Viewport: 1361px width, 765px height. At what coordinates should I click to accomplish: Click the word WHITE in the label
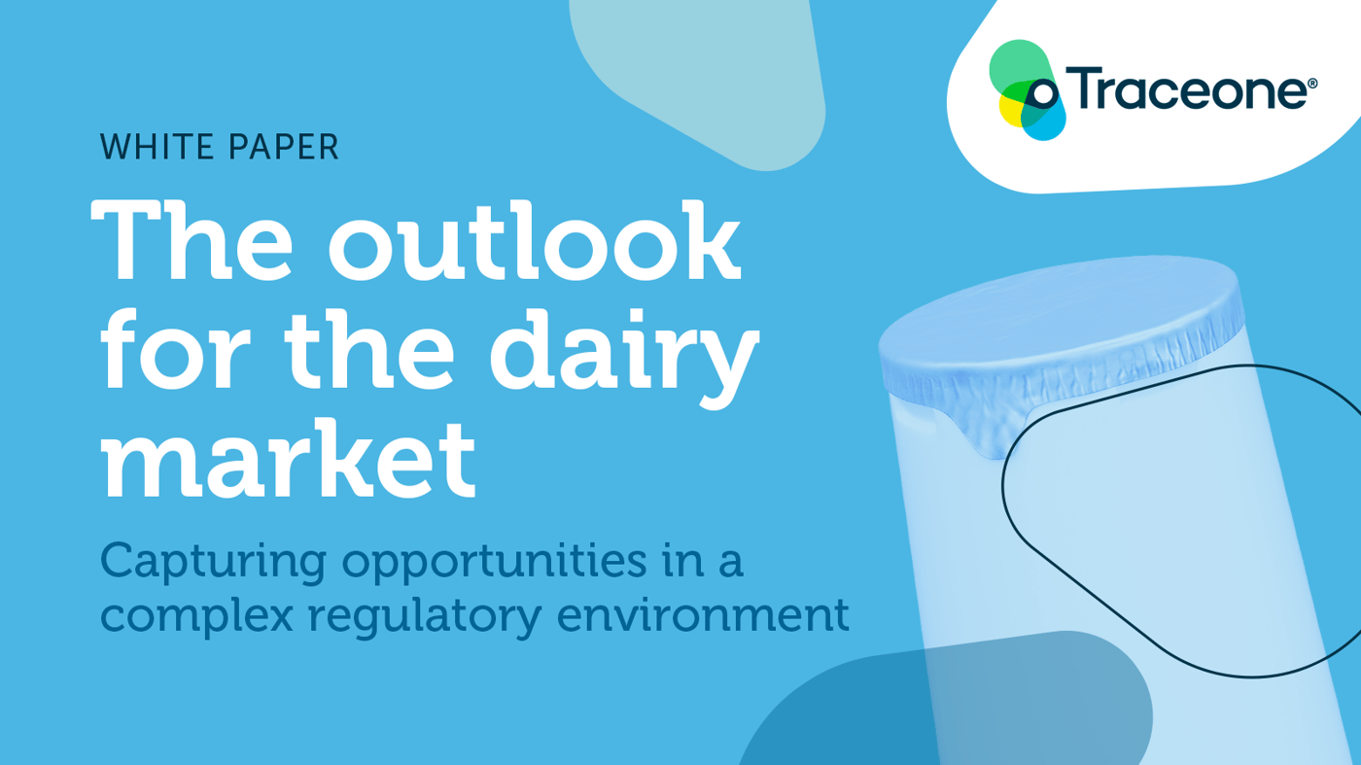point(157,147)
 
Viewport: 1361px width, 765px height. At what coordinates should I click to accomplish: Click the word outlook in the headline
point(535,241)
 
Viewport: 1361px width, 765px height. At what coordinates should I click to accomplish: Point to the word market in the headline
point(288,459)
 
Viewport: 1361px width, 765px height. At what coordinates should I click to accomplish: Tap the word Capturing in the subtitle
point(213,563)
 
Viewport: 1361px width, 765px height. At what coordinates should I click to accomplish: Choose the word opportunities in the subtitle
point(494,563)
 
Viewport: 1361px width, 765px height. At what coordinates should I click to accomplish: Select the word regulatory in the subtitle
point(425,616)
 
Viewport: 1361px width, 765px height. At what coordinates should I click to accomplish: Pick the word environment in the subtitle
point(703,615)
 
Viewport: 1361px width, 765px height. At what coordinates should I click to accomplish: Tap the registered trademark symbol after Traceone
point(1312,84)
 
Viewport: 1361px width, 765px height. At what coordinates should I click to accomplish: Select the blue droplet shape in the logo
point(1045,122)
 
